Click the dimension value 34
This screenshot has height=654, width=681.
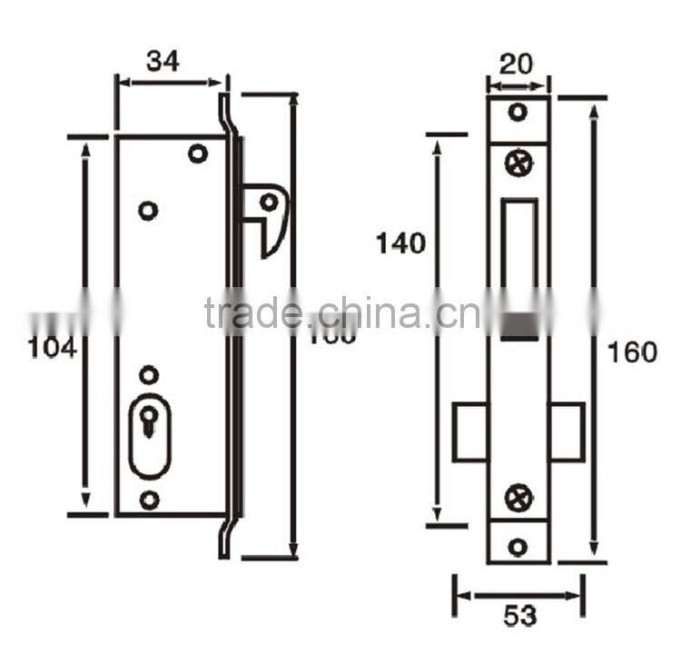pos(163,61)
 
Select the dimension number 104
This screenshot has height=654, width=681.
pos(52,348)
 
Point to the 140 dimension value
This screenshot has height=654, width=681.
pos(400,243)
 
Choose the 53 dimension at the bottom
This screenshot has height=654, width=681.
pos(518,616)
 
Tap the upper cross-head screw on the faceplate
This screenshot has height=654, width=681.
pos(518,164)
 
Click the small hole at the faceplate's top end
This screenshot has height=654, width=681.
pos(518,114)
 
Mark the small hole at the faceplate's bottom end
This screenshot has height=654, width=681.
pos(518,547)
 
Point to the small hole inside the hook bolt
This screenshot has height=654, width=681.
pos(269,202)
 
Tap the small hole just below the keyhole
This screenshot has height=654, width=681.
pos(149,499)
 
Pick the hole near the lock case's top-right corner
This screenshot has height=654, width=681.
pos(197,153)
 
